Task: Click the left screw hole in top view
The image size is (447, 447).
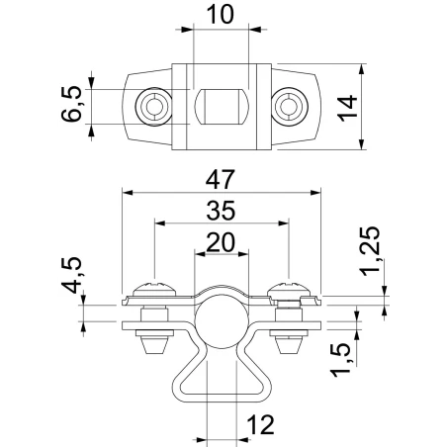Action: (x=151, y=106)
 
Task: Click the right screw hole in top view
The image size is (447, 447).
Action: (x=288, y=106)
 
